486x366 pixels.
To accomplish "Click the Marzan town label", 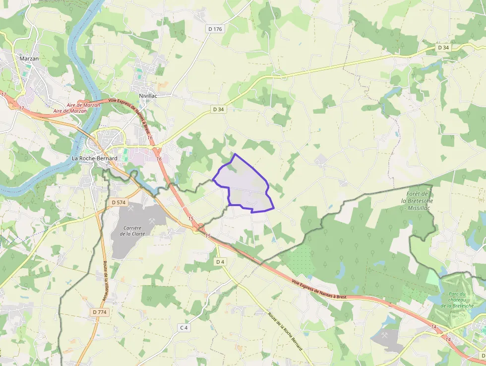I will tap(29, 59).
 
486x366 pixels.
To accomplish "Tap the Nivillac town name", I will tap(148, 95).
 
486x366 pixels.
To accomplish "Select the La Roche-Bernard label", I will tap(95, 158).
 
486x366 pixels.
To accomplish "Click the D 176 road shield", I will tap(215, 29).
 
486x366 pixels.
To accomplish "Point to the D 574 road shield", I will tap(119, 203).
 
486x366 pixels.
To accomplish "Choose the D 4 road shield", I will tap(221, 262).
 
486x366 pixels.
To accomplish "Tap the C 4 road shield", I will tap(184, 328).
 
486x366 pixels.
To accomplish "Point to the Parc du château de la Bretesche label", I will tap(456, 299).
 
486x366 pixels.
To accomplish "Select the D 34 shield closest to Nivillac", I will tap(218, 109).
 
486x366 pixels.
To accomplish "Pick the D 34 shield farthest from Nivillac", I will tap(443, 47).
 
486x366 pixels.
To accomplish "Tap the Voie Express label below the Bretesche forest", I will tap(318, 290).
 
